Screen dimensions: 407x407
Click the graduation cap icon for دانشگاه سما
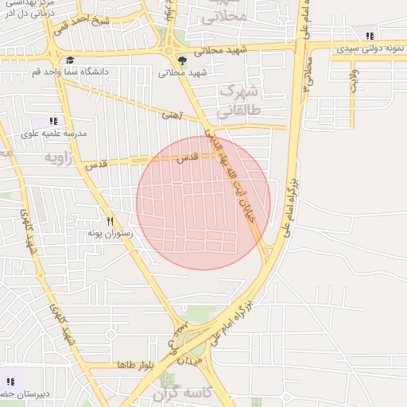point(70,60)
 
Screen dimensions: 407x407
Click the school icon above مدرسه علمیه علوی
point(53,121)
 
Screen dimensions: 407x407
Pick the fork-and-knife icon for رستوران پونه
point(110,221)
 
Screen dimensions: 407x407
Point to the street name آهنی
point(172,116)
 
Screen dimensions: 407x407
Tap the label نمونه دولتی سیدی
point(370,49)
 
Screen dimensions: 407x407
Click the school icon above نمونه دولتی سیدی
point(370,35)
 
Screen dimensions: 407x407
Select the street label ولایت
point(354,81)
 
